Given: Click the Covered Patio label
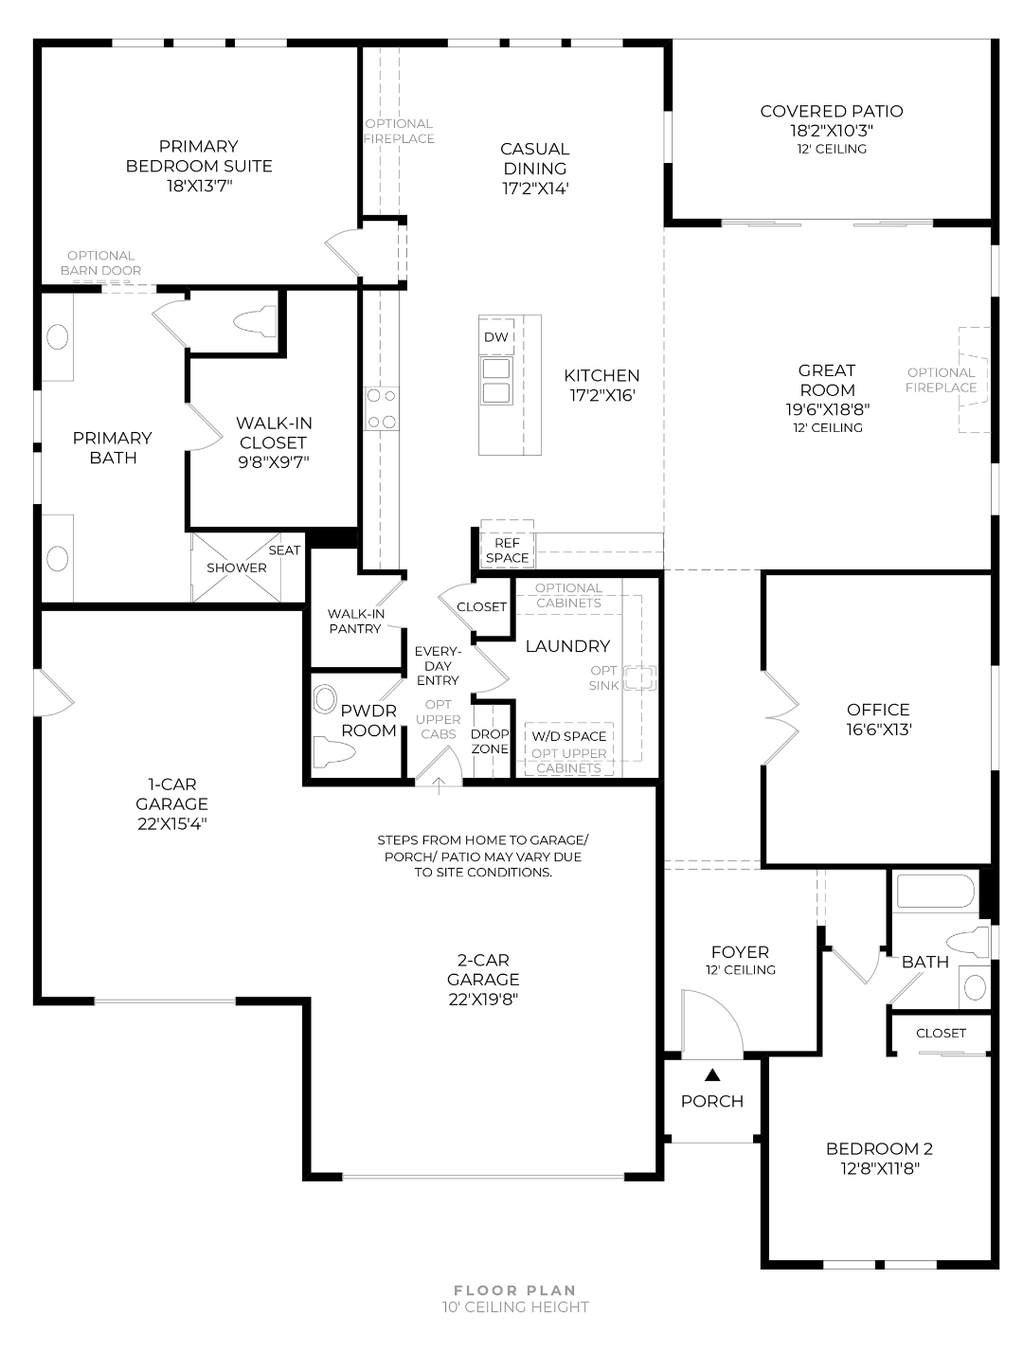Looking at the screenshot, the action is coord(831,112).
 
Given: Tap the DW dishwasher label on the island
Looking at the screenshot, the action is coord(496,337).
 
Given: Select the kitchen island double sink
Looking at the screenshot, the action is coord(496,381).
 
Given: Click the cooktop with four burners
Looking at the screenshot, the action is coord(381,407).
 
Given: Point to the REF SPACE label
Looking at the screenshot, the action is coord(507,550).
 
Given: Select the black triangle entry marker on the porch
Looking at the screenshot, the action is coord(712,1075).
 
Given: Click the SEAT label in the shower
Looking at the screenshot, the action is coord(284,550).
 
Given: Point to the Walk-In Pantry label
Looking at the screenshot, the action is coord(356,621).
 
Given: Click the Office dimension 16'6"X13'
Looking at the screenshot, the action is coord(878,730).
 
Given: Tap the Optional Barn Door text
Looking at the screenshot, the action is coord(100,263).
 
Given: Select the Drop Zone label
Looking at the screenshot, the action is coord(490,741).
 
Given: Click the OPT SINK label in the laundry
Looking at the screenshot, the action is coord(603,677).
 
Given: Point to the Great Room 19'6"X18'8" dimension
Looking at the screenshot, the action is coord(827,409).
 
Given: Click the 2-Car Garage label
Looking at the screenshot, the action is coord(483,969).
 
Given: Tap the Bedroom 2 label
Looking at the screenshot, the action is coord(879,1148).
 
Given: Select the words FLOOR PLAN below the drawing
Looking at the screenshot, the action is coord(514,1290).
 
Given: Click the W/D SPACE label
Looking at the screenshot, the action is coord(568,736).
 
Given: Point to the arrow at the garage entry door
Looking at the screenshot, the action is coord(439,786).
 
